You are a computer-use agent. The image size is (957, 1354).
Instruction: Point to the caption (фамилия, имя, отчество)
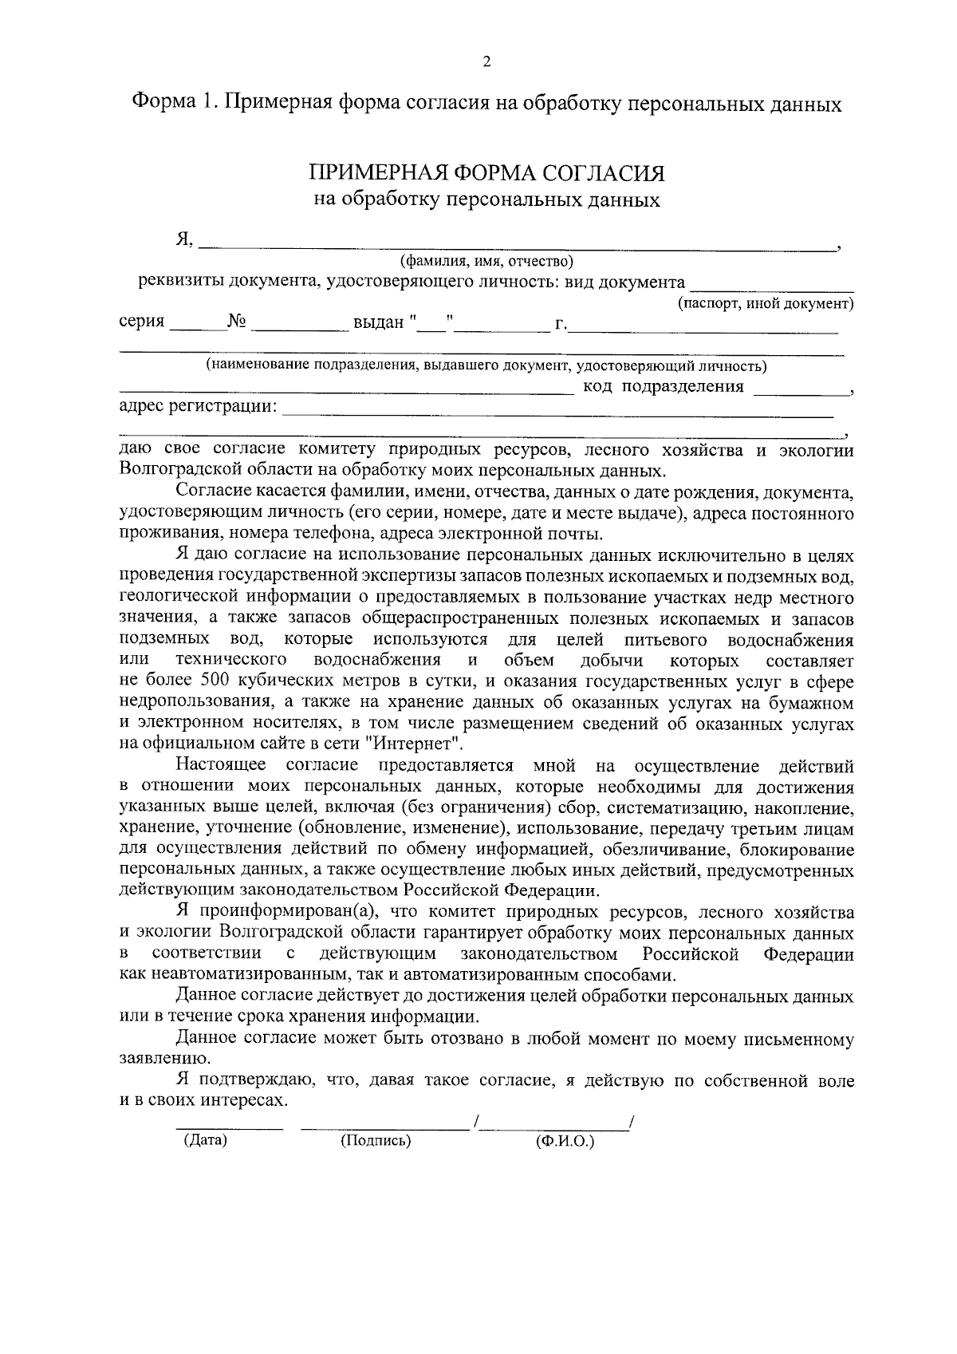pyautogui.click(x=486, y=261)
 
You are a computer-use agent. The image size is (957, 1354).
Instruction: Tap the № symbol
pyautogui.click(x=237, y=322)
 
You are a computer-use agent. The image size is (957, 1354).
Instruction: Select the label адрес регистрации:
pyautogui.click(x=198, y=408)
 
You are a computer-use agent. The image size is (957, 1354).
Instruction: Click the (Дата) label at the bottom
pyautogui.click(x=205, y=1140)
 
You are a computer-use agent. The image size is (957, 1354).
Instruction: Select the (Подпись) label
pyautogui.click(x=376, y=1141)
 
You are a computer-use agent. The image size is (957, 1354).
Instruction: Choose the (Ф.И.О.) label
pyautogui.click(x=565, y=1142)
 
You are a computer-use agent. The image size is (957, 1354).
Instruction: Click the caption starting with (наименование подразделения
pyautogui.click(x=486, y=366)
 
